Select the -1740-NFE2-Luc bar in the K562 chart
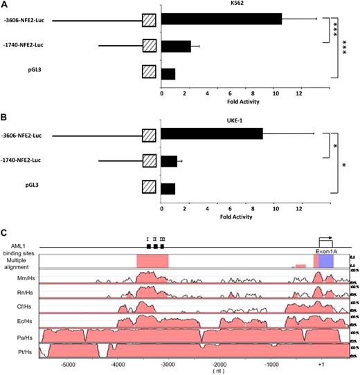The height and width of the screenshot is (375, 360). [176, 46]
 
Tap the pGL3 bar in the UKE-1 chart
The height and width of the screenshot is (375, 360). [168, 188]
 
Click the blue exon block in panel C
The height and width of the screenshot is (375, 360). [326, 261]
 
